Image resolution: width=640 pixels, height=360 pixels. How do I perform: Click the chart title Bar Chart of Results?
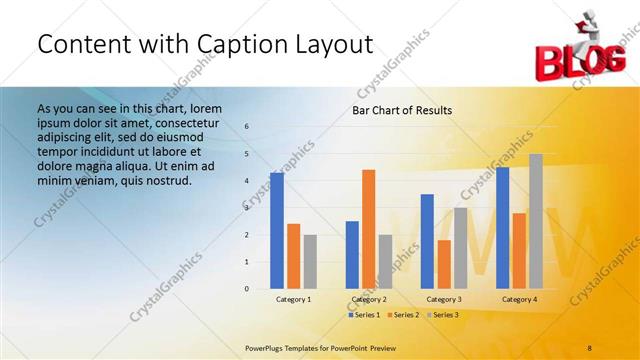pos(401,110)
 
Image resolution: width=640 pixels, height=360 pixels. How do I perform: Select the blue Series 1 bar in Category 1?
pos(277,230)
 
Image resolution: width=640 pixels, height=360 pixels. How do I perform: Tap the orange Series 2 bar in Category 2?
pos(368,229)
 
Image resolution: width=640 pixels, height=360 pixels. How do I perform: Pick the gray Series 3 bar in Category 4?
pos(536,221)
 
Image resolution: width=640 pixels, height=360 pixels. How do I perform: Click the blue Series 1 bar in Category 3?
pos(427,241)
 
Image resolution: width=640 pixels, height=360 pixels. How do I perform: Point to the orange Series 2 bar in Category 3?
pos(444,264)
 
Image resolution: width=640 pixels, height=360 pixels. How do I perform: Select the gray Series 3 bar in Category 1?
pos(310,261)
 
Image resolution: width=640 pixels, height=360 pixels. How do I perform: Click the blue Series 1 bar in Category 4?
pos(502,228)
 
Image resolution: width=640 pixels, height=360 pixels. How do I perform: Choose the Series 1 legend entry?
pos(364,315)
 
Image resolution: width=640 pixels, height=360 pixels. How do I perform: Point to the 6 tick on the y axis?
pos(247,127)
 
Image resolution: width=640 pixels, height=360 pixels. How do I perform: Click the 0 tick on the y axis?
pos(247,289)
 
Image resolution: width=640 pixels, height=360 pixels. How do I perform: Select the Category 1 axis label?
pos(294,299)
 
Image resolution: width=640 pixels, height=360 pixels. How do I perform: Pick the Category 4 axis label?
pos(519,299)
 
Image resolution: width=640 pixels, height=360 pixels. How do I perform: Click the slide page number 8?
pos(589,346)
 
